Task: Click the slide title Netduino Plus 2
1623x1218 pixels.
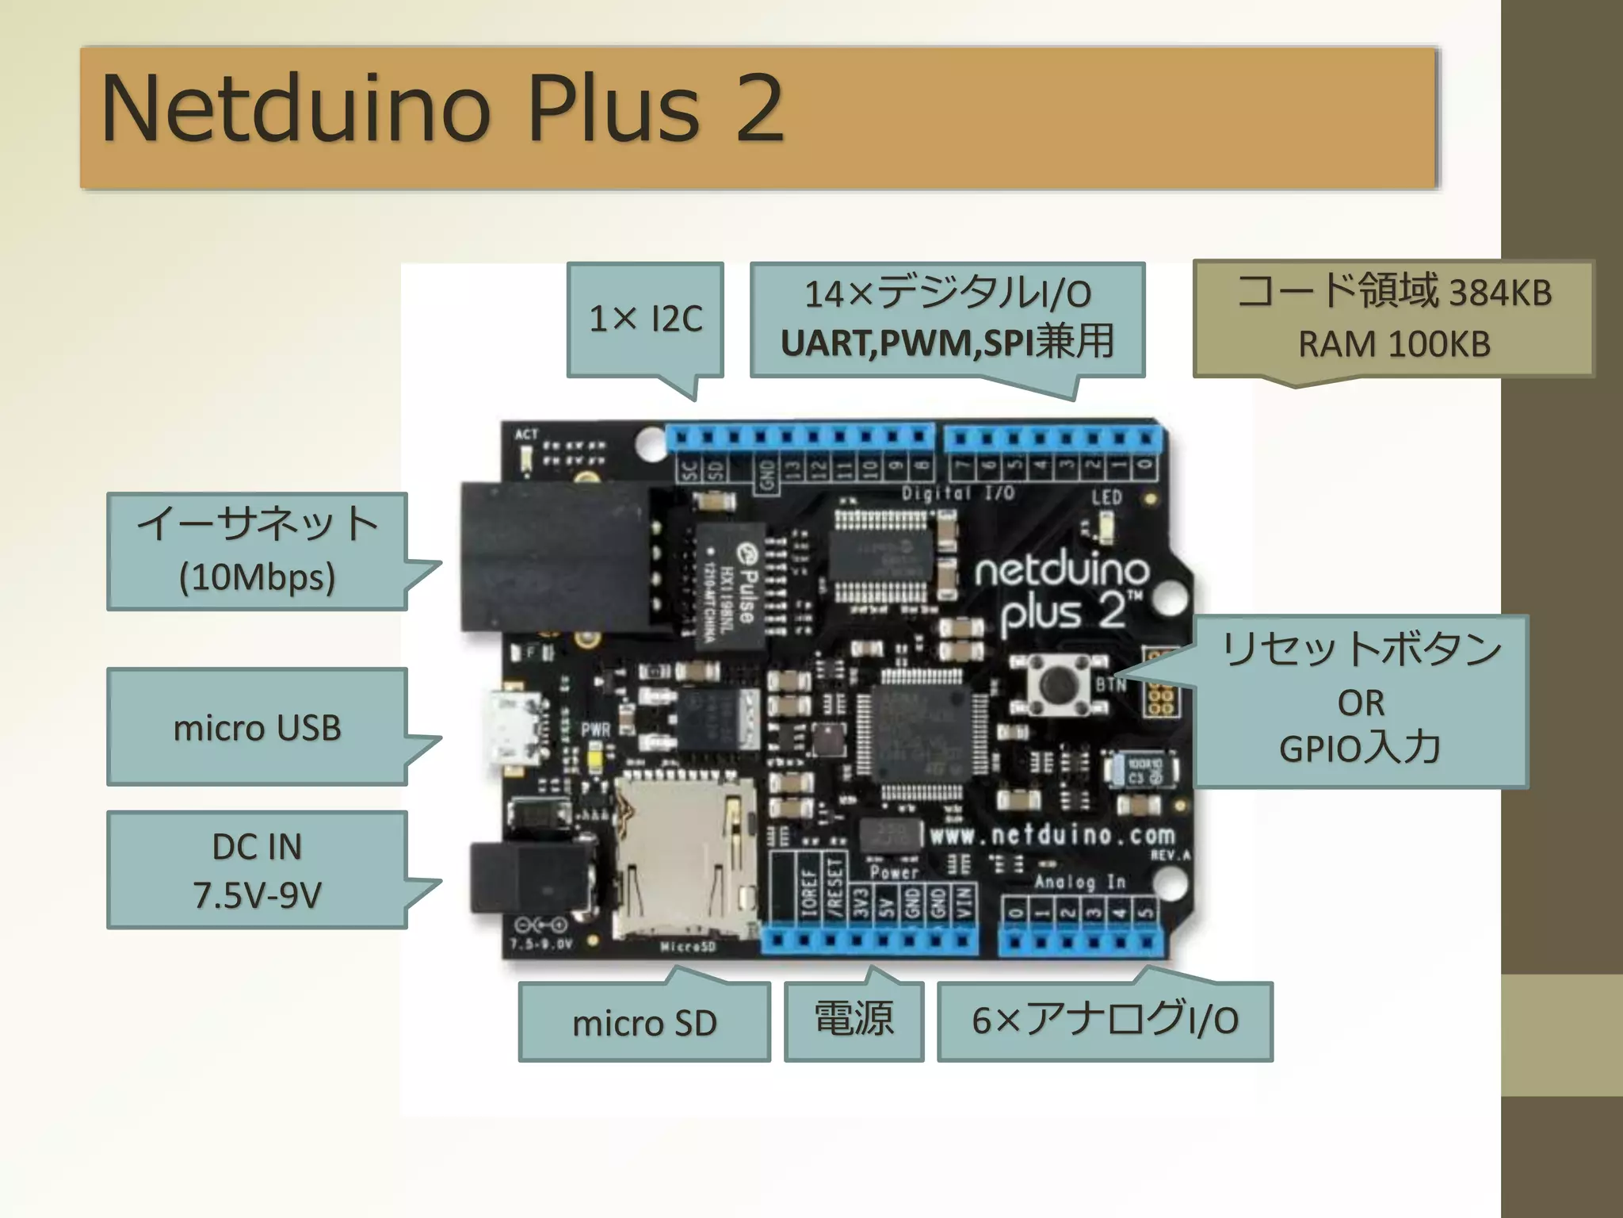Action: [442, 109]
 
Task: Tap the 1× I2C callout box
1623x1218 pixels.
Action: [645, 319]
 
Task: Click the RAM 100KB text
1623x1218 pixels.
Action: [1394, 344]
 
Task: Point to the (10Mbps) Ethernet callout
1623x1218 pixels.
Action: [258, 576]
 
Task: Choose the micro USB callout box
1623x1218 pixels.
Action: [258, 727]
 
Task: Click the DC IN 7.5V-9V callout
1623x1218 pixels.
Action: [258, 870]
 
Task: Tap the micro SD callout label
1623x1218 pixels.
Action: [644, 1022]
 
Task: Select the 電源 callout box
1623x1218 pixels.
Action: [854, 1020]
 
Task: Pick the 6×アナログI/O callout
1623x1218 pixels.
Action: [1105, 1021]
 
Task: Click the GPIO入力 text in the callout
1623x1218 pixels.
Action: [1360, 748]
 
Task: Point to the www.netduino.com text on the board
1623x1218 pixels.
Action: [1052, 835]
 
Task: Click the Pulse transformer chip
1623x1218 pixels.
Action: [731, 585]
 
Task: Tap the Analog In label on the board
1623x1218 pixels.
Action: [1079, 882]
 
